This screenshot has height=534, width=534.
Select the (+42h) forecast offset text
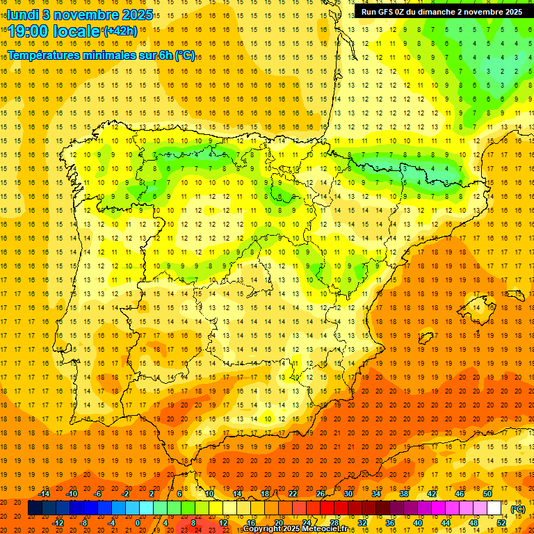tap(120, 31)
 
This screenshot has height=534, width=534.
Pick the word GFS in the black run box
tap(389, 12)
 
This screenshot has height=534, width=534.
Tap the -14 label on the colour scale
tap(44, 494)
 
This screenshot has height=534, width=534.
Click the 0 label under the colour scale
tap(138, 522)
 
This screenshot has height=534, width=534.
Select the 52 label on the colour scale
tap(501, 522)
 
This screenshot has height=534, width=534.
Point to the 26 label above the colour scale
tap(321, 494)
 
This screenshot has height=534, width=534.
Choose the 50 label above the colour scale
tap(487, 494)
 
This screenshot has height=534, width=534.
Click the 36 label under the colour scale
tap(389, 522)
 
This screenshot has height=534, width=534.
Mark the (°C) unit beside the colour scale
tap(518, 509)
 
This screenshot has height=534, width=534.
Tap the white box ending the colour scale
tap(494, 508)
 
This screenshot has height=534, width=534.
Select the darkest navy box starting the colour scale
tap(34, 508)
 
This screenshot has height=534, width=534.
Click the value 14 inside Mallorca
tap(476, 307)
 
